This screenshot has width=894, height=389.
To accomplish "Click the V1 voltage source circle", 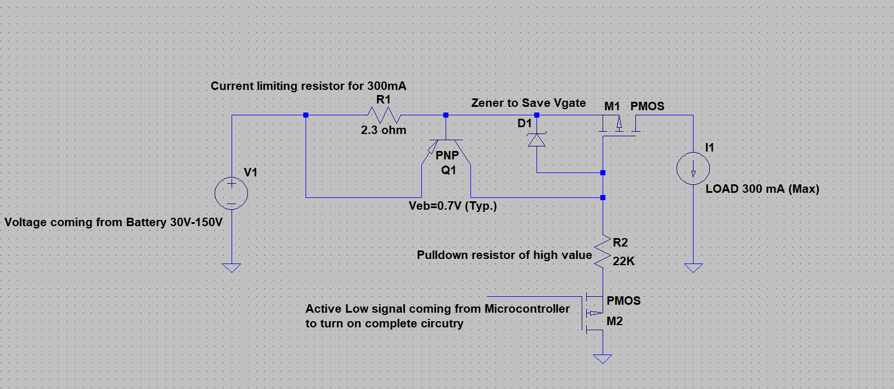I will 232,193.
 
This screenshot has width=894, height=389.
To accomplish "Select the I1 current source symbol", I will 693,168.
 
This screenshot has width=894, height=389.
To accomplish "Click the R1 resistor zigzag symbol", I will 384,115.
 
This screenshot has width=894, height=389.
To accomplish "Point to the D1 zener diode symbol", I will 537,140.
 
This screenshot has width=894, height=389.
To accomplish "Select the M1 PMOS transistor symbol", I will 619,126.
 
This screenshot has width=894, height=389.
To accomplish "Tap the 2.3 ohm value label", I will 383,130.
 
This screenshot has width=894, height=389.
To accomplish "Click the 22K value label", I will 623,261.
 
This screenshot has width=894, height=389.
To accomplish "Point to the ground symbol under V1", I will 232,267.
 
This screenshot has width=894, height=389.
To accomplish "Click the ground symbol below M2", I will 603,358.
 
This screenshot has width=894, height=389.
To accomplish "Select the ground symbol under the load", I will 693,267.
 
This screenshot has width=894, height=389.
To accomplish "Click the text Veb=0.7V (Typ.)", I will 452,206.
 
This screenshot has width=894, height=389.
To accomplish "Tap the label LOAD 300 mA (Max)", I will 762,189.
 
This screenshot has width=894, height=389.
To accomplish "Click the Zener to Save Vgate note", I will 528,103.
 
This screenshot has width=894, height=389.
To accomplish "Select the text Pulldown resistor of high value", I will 504,255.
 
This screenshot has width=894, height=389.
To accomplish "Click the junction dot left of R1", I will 306,115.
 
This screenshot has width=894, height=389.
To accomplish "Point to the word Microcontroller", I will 527,309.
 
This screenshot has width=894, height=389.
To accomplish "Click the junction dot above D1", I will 537,115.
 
